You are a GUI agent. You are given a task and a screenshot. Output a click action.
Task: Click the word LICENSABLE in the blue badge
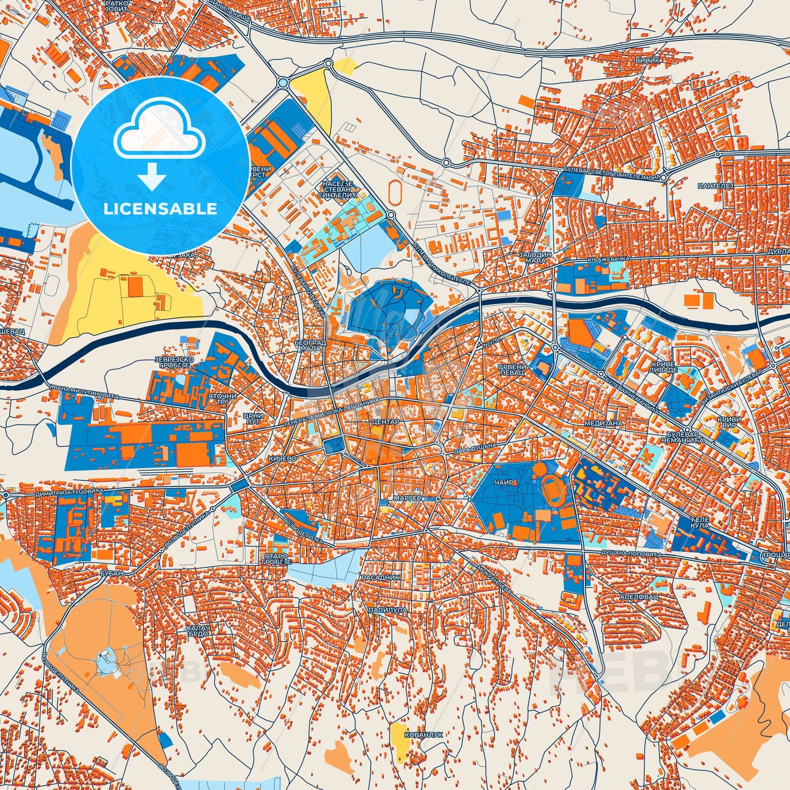coord(160,209)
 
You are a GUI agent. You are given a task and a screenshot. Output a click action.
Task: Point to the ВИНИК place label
coord(647,60)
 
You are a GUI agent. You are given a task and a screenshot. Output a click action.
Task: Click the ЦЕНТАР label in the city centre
coord(385,422)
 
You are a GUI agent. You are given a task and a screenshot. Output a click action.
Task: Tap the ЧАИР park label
coord(504,483)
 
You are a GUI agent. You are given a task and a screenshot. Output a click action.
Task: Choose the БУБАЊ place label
coord(113,573)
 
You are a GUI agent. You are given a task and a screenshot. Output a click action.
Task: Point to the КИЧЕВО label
coord(283,459)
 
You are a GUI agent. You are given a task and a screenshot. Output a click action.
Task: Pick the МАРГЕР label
coord(408,499)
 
